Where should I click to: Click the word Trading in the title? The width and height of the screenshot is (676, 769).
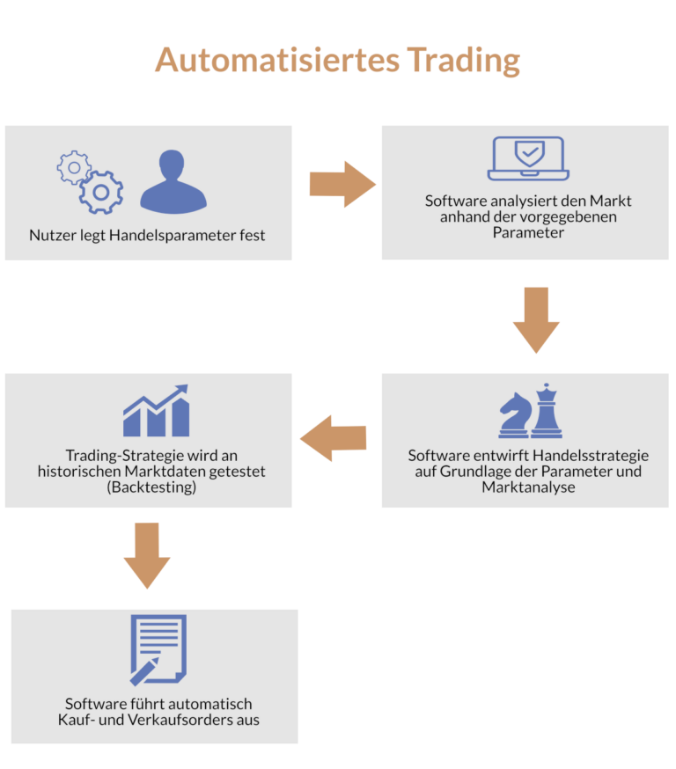[463, 60]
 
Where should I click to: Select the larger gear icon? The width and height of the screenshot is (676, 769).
[101, 192]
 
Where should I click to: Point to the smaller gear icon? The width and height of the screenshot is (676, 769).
[73, 167]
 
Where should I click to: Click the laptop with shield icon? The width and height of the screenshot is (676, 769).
[527, 158]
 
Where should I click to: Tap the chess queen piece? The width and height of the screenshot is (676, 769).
[547, 410]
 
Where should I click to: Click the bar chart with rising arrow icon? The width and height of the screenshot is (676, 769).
[157, 411]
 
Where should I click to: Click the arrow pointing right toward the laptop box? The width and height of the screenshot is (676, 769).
[342, 184]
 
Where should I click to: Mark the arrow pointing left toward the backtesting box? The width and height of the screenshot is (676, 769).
[334, 437]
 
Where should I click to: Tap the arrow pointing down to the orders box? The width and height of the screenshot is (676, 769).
[146, 555]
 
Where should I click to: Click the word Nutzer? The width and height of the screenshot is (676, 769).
[51, 236]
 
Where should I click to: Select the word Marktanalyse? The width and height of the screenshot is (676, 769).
[528, 487]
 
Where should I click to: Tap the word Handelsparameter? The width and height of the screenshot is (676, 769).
[174, 236]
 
